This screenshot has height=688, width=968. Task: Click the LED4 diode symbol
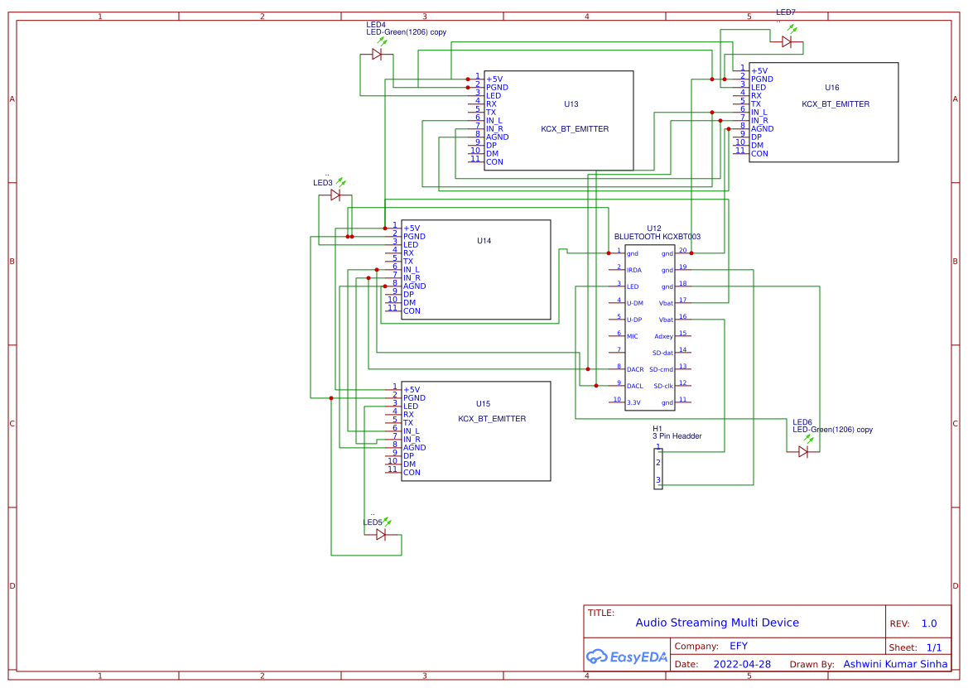tap(377, 54)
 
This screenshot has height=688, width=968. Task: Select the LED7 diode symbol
tap(787, 41)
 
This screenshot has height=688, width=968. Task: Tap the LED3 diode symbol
tap(335, 195)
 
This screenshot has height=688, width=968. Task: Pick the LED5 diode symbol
tap(381, 534)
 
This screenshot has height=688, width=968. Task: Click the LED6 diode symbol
tap(803, 451)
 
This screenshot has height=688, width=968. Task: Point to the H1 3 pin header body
tap(658, 469)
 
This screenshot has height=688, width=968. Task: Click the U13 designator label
tap(571, 104)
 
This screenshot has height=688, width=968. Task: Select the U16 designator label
tap(831, 88)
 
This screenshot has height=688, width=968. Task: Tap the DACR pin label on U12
tap(635, 369)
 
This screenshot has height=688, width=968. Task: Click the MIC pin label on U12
tap(632, 336)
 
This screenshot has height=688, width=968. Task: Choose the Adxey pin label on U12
tap(663, 336)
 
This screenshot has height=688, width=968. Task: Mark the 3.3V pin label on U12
tap(633, 402)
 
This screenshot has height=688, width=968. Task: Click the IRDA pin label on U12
tap(633, 270)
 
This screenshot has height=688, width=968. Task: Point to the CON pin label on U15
tap(412, 473)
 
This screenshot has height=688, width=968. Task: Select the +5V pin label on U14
tap(412, 229)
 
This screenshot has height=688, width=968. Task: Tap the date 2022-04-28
tap(742, 664)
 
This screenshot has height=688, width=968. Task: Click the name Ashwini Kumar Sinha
tap(895, 664)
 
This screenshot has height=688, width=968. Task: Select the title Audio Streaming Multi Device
tap(717, 623)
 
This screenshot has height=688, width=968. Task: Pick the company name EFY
tap(739, 646)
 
